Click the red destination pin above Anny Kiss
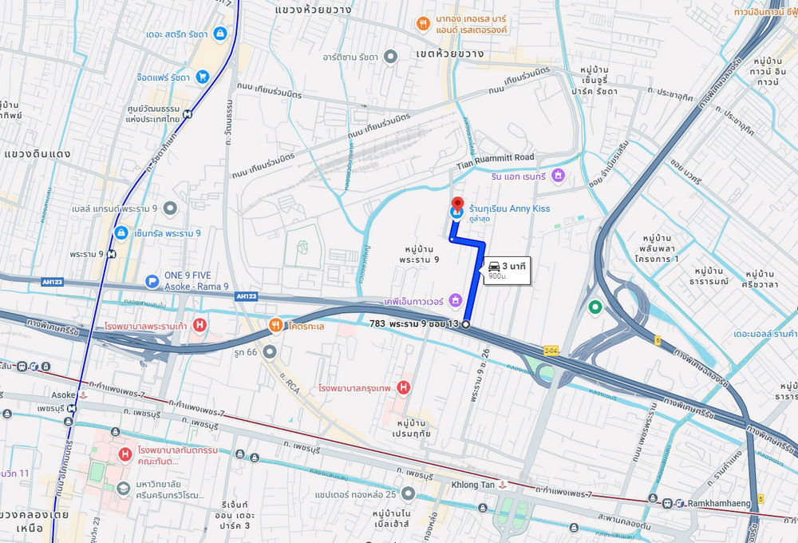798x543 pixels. [x=457, y=204]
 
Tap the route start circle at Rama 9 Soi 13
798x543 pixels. [x=466, y=325]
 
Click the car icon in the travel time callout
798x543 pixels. [x=495, y=266]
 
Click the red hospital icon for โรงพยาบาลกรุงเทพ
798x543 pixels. [x=405, y=387]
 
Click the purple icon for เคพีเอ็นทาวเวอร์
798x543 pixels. [x=455, y=300]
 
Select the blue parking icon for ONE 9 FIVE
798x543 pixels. [x=152, y=280]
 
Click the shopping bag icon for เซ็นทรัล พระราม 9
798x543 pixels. [x=120, y=233]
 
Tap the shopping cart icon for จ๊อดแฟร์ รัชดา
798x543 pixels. [x=203, y=77]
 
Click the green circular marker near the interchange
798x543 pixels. [x=595, y=307]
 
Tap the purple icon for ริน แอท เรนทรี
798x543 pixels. [x=558, y=176]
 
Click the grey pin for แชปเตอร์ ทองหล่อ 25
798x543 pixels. [x=409, y=493]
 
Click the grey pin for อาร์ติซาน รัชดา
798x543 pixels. [x=390, y=56]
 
